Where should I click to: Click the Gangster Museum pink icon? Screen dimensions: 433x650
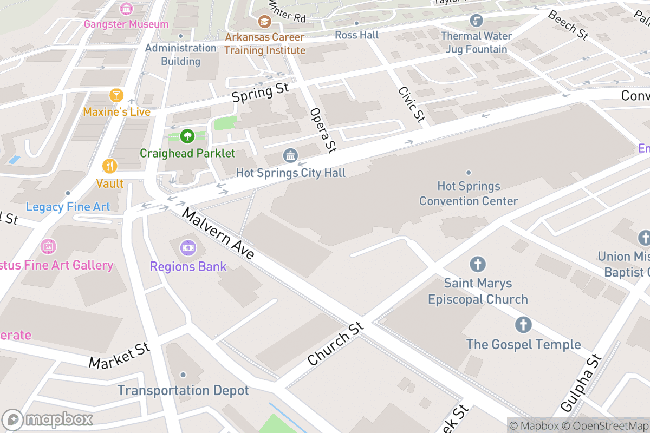click(126, 9)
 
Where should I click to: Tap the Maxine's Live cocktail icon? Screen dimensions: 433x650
click(116, 96)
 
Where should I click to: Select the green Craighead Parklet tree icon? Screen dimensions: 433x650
click(187, 136)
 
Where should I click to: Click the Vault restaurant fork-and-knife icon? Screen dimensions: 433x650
click(110, 166)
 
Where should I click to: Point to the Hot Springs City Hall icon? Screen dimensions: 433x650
click(290, 156)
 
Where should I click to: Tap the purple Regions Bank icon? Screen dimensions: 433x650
click(188, 248)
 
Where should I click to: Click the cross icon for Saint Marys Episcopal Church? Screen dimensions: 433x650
click(477, 265)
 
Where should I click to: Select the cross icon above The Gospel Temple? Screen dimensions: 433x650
click(523, 325)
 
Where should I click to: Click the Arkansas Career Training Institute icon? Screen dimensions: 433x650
click(264, 22)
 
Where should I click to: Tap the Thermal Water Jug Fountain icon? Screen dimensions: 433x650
click(476, 21)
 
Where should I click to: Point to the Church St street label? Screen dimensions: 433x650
click(335, 344)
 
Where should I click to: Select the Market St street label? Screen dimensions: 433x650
click(119, 355)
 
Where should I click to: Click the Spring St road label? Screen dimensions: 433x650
click(260, 93)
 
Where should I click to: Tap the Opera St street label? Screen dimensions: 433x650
click(323, 129)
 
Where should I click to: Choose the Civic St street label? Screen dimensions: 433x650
click(411, 104)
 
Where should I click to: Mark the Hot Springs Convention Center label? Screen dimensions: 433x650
click(469, 194)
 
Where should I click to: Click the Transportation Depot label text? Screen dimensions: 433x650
click(183, 390)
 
